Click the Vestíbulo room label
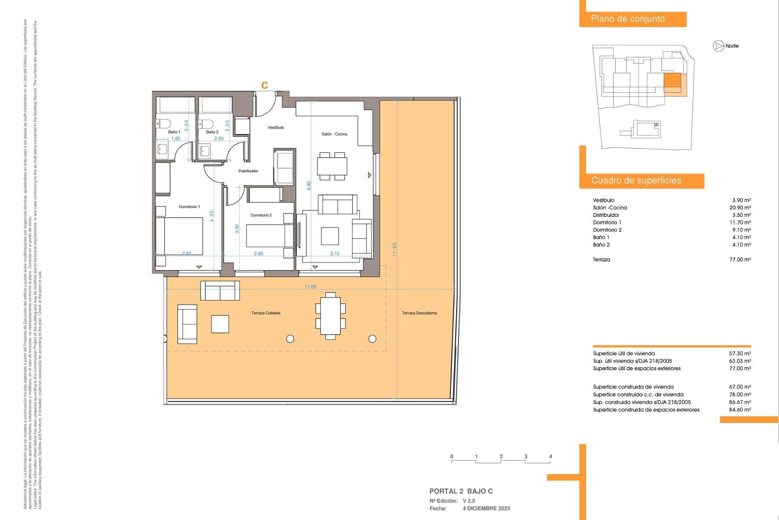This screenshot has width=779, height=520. pyautogui.click(x=276, y=128)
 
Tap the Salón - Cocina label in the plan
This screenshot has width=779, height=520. pyautogui.click(x=334, y=134)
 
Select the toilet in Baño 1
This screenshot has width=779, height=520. pyautogui.click(x=164, y=123)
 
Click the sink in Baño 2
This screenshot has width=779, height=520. pyautogui.click(x=205, y=151)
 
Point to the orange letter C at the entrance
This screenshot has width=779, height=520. pyautogui.click(x=265, y=85)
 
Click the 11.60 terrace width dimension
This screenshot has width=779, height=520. pyautogui.click(x=310, y=287)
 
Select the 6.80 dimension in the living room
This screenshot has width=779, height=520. pyautogui.click(x=309, y=186)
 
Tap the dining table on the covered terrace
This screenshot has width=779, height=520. pyautogui.click(x=331, y=316)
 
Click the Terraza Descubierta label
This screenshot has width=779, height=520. pyautogui.click(x=419, y=313)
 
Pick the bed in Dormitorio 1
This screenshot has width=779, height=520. pyautogui.click(x=179, y=236)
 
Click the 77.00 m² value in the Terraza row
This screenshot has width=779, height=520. pyautogui.click(x=740, y=260)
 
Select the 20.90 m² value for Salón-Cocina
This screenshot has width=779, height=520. pyautogui.click(x=740, y=208)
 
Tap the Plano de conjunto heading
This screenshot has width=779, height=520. pyautogui.click(x=628, y=19)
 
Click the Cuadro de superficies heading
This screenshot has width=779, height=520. pyautogui.click(x=636, y=181)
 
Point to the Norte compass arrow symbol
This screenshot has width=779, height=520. pyautogui.click(x=719, y=46)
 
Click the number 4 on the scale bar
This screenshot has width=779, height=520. pyautogui.click(x=551, y=457)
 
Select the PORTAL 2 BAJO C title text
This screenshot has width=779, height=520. pyautogui.click(x=461, y=491)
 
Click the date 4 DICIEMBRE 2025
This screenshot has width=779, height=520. pyautogui.click(x=486, y=509)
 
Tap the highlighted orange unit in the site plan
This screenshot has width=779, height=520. pyautogui.click(x=672, y=80)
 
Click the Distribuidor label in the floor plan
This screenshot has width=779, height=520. pyautogui.click(x=248, y=171)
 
